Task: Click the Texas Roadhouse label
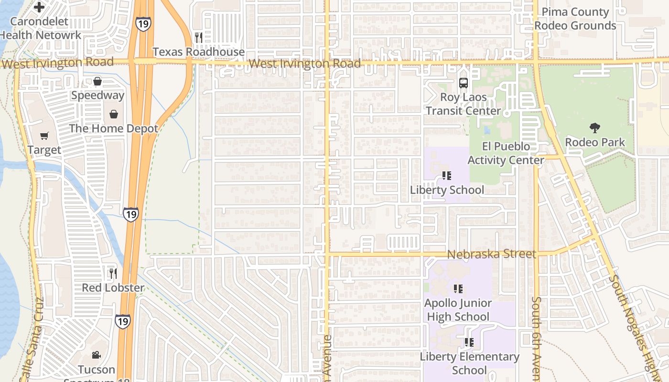pyautogui.click(x=198, y=52)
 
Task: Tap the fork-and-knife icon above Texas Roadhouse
pyautogui.click(x=199, y=37)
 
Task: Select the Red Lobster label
pyautogui.click(x=113, y=287)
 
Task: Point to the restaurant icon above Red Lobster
pyautogui.click(x=113, y=273)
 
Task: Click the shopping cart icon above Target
pyautogui.click(x=44, y=136)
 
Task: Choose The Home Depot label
pyautogui.click(x=114, y=128)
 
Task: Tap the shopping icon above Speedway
pyautogui.click(x=97, y=81)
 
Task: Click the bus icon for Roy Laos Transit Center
pyautogui.click(x=463, y=83)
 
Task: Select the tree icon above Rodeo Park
pyautogui.click(x=594, y=127)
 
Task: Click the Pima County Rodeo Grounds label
pyautogui.click(x=575, y=19)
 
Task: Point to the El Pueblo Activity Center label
pyautogui.click(x=506, y=153)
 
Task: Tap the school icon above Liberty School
pyautogui.click(x=447, y=176)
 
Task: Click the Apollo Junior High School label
pyautogui.click(x=458, y=310)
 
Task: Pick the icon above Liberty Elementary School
pyautogui.click(x=469, y=342)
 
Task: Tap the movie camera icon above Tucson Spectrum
pyautogui.click(x=97, y=355)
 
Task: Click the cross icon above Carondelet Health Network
pyautogui.click(x=39, y=7)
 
